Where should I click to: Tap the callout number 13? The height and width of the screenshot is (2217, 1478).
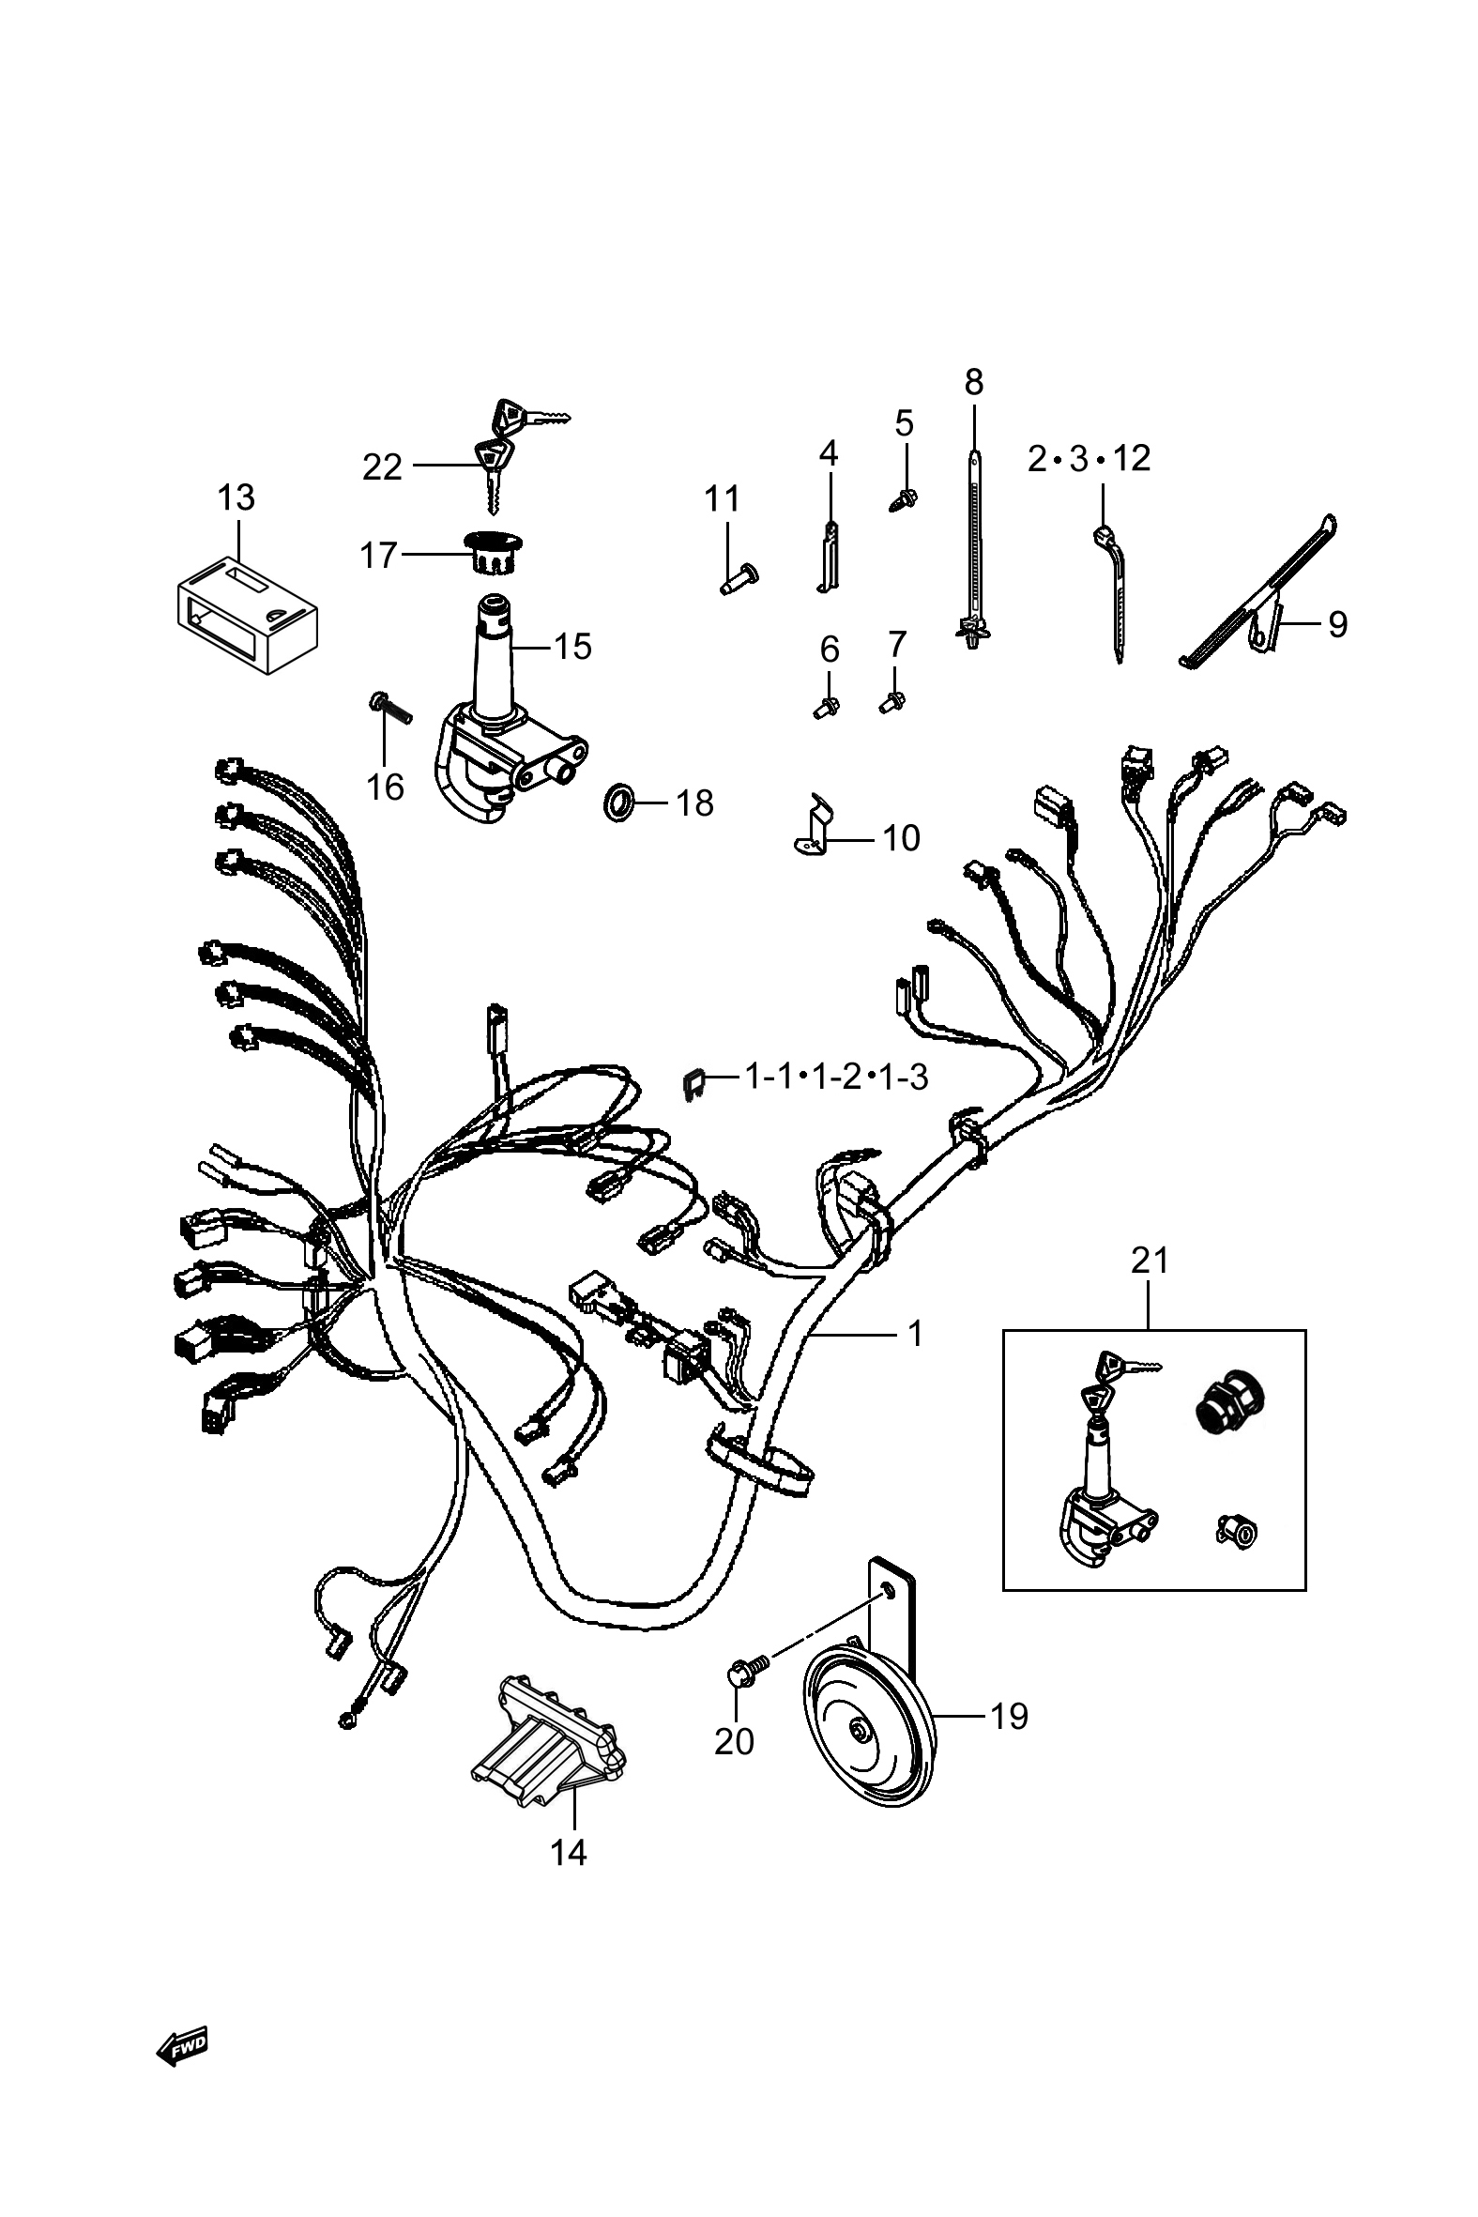coord(236,497)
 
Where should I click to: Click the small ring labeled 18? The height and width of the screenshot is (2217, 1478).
coord(617,803)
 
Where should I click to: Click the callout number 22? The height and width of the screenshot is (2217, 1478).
coord(382,466)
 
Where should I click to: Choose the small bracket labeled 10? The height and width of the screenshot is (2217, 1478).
coord(814,826)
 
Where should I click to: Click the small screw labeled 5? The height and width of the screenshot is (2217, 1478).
coord(905,498)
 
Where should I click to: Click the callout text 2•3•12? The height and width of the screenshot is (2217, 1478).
coord(1089,459)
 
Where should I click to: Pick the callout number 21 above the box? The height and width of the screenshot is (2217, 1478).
coord(1149,1261)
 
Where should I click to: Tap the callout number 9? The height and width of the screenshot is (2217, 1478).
coord(1337,624)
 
